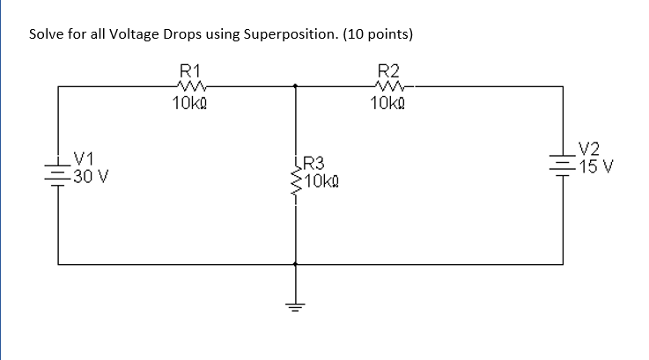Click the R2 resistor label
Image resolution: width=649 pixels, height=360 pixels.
click(x=387, y=70)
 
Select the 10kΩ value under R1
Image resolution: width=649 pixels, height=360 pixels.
click(x=190, y=104)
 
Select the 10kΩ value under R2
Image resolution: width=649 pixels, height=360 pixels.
click(x=387, y=104)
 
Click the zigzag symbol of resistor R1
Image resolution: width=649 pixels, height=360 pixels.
click(x=190, y=86)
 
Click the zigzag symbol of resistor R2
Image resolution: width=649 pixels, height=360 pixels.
click(x=387, y=86)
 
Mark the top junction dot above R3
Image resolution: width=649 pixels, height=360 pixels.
click(x=295, y=86)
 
